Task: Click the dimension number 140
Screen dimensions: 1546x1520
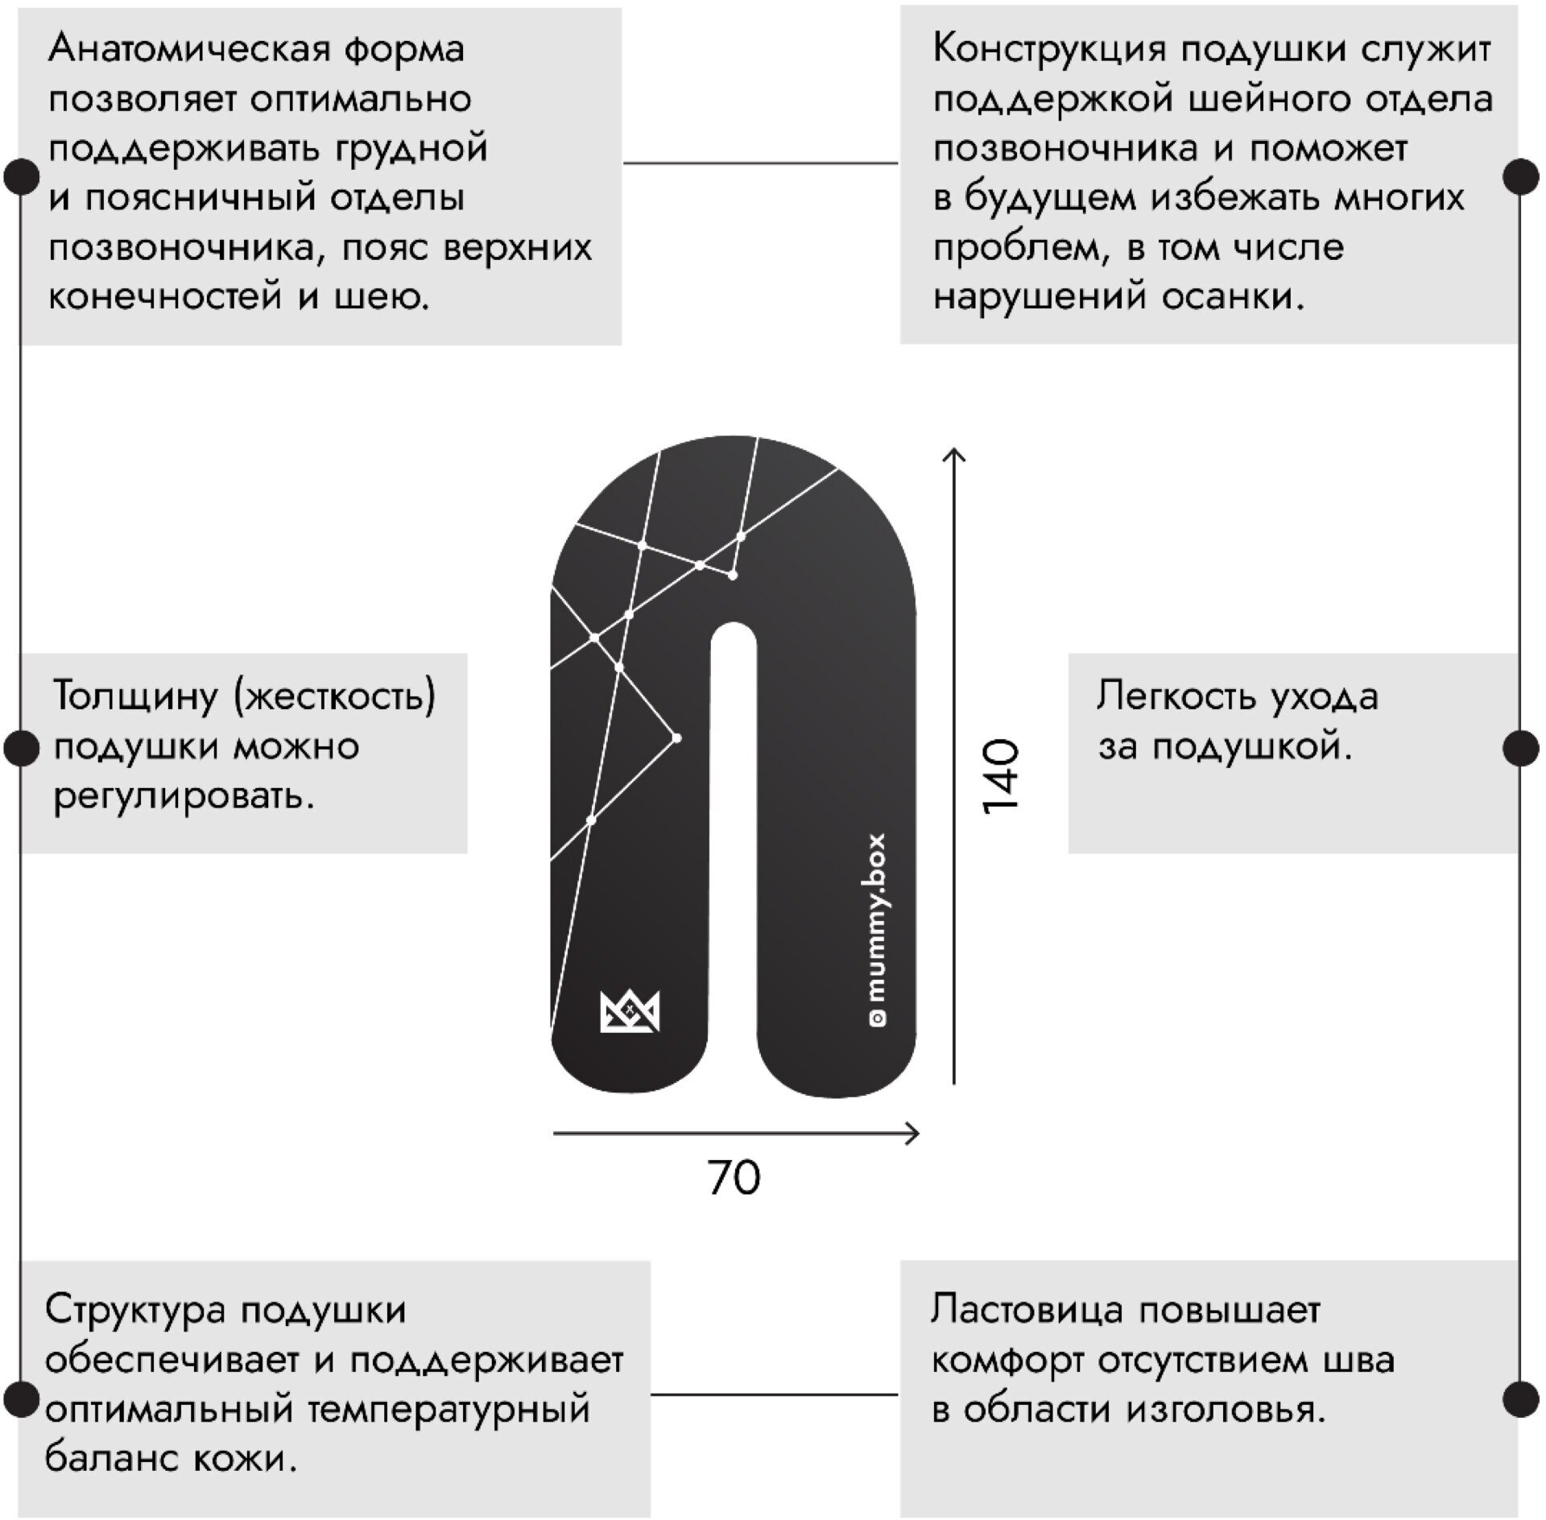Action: (1002, 776)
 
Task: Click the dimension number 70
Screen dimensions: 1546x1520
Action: (734, 1178)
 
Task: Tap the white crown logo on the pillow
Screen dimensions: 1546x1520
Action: (630, 1010)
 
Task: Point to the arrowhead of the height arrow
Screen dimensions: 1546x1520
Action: (954, 454)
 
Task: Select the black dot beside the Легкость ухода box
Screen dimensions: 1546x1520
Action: (1520, 748)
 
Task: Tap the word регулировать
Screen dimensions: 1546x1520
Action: (183, 797)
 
